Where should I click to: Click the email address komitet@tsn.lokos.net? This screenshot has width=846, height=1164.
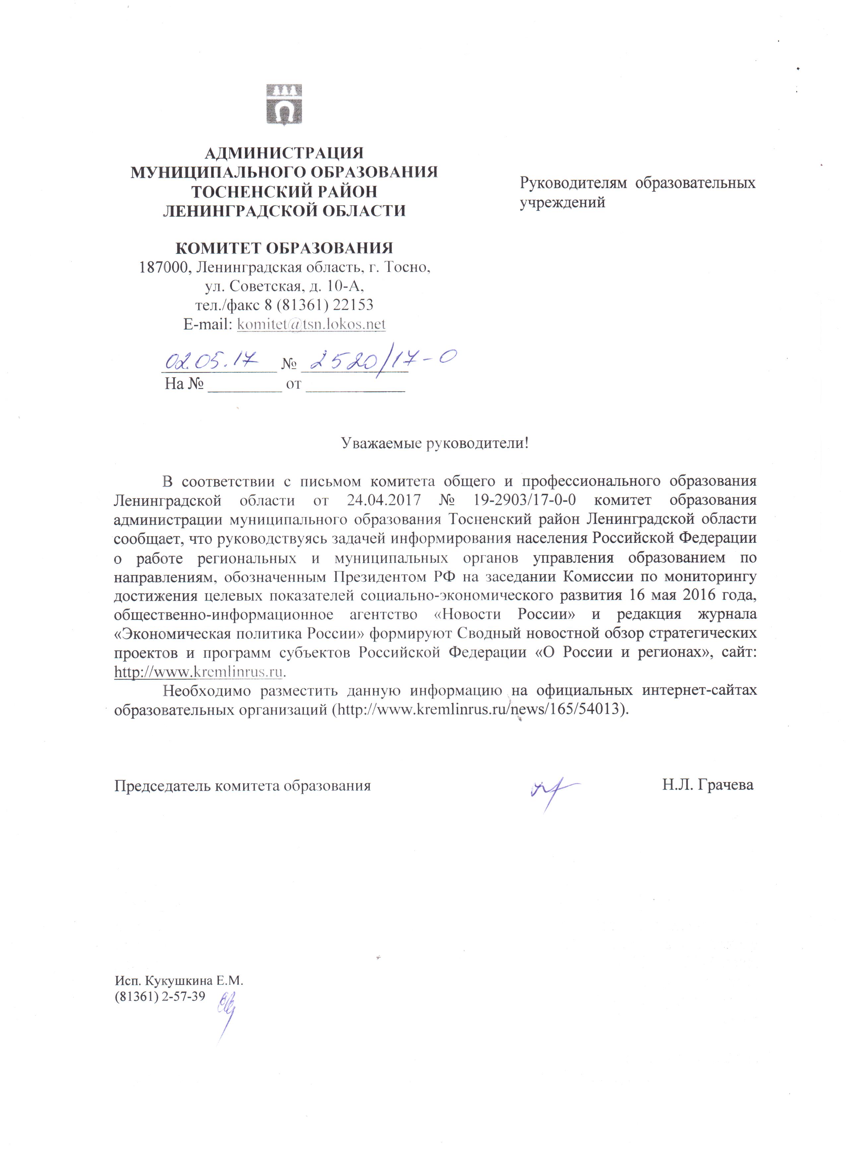pos(311,324)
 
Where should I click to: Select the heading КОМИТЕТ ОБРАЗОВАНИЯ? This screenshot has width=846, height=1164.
pos(284,248)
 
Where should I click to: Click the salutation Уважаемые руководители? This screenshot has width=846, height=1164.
pos(435,443)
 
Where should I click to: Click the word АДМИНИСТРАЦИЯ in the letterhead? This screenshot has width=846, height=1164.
pos(284,153)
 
